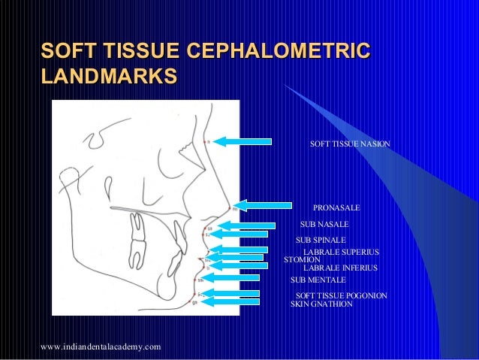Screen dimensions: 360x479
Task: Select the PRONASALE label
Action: [336, 207]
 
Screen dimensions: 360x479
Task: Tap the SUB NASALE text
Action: [324, 225]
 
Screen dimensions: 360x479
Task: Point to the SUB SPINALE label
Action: [321, 241]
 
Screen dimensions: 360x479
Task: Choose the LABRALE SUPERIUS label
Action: [341, 252]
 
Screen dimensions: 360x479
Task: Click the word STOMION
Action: [303, 260]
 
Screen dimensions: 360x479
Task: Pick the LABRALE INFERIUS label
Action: [340, 268]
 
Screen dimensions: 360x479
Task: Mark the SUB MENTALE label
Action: [318, 280]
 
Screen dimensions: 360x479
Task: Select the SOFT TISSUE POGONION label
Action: [342, 296]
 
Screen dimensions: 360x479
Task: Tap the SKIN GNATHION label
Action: [321, 304]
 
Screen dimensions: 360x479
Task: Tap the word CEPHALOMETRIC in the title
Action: [278, 51]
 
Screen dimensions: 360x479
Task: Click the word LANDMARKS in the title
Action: [109, 77]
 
